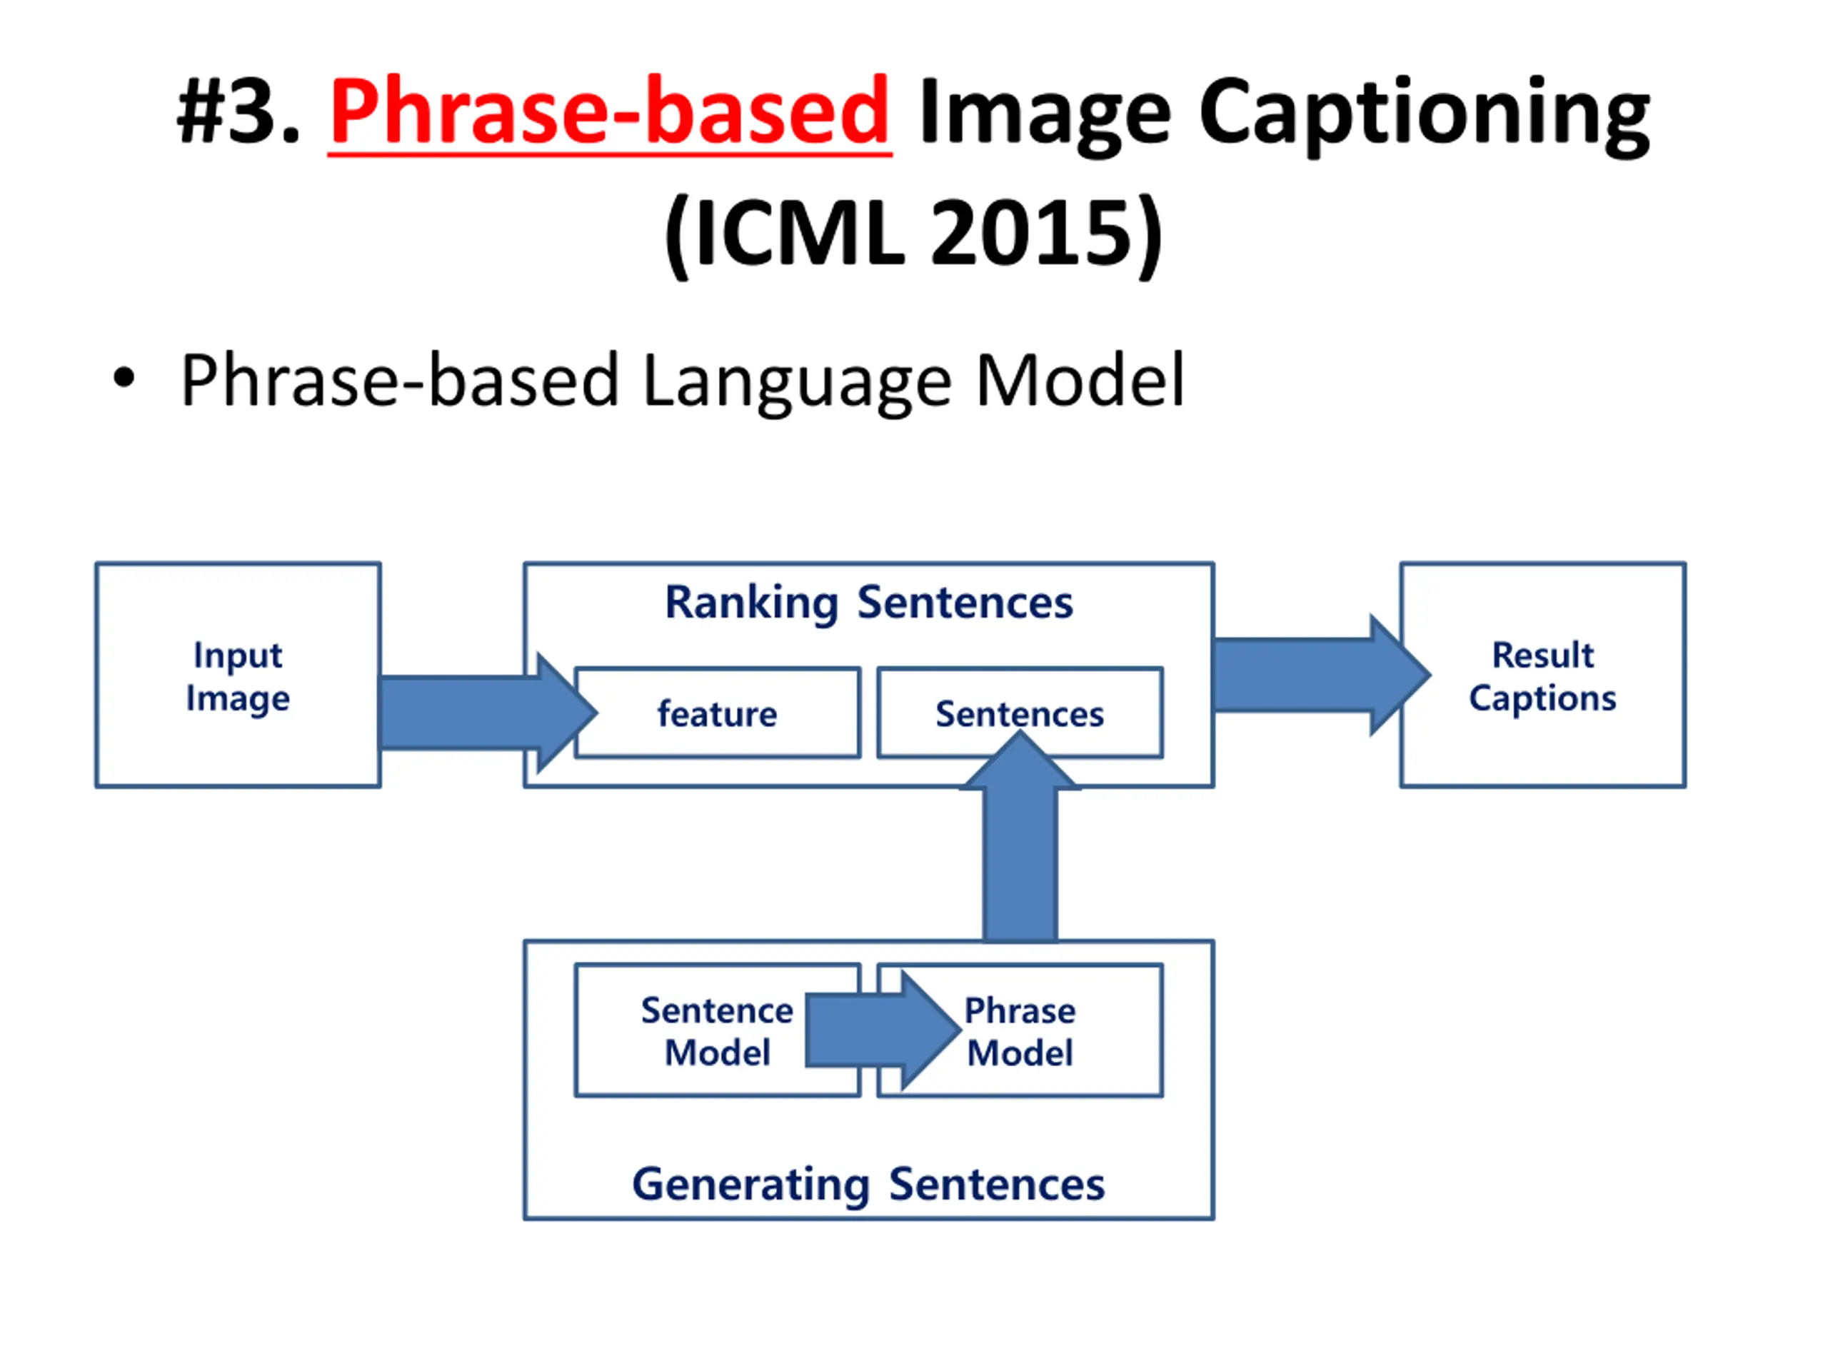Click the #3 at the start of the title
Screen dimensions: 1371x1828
pyautogui.click(x=236, y=111)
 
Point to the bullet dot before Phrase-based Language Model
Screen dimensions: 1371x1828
pyautogui.click(x=124, y=379)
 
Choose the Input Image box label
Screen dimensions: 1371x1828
pyautogui.click(x=238, y=676)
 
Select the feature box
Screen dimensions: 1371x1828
pyautogui.click(x=718, y=713)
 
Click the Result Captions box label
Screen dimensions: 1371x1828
pyautogui.click(x=1542, y=676)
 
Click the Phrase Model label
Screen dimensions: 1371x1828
pyautogui.click(x=1020, y=1031)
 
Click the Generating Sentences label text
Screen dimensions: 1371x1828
pyautogui.click(x=868, y=1183)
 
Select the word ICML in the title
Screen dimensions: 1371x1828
pyautogui.click(x=798, y=234)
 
